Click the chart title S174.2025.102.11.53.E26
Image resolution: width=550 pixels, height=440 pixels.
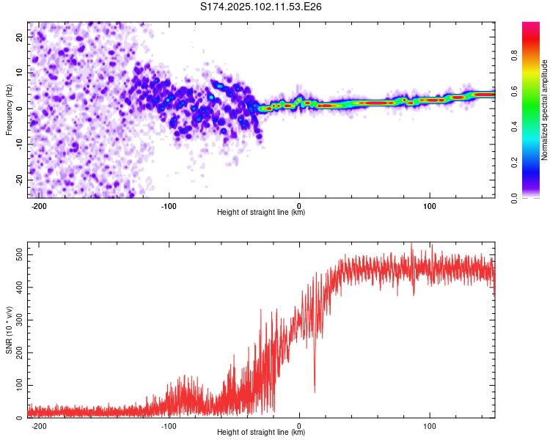coord(260,7)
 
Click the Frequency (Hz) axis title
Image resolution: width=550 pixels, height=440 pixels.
coord(9,110)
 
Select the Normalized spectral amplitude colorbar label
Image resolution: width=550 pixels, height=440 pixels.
coord(544,110)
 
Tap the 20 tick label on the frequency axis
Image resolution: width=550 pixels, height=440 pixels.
coord(19,37)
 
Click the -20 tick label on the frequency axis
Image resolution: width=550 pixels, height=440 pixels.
coord(19,180)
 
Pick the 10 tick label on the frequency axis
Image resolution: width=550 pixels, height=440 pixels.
coord(19,73)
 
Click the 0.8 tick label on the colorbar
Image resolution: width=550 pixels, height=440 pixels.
coord(514,56)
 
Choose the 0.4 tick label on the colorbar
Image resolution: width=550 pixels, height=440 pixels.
coord(514,127)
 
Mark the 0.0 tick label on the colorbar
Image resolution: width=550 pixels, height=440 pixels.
coord(514,198)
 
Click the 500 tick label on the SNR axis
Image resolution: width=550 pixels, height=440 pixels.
coord(19,254)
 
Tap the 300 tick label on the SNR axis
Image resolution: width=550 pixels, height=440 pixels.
coord(19,320)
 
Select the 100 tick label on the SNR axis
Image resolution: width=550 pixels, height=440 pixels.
coord(19,385)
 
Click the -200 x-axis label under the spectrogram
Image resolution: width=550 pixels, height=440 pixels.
coord(39,206)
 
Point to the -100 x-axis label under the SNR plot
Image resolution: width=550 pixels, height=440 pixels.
coord(169,426)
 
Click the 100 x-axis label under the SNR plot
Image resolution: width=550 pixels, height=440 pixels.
coord(429,426)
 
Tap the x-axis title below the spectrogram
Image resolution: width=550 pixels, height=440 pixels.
coord(261,212)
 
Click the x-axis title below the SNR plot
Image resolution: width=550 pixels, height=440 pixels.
coord(261,432)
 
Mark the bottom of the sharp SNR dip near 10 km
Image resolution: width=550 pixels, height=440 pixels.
coord(315,392)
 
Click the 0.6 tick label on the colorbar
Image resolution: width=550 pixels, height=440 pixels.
coord(514,91)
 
